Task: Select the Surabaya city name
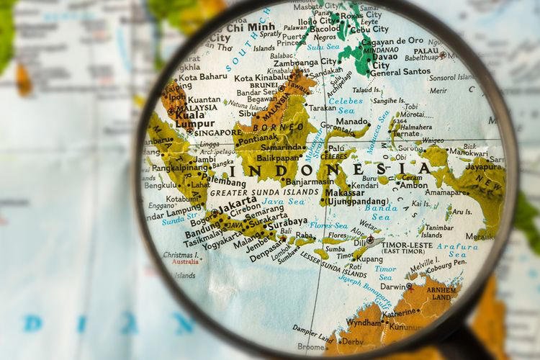coord(287,222)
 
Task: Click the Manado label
coord(353,122)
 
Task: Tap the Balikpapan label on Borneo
coord(278,157)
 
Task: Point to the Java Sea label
coord(284,202)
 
